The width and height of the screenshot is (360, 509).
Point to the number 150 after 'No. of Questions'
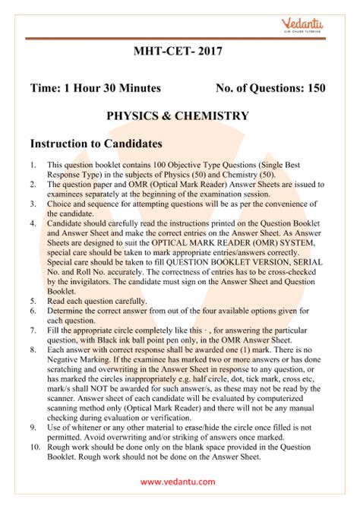click(x=314, y=88)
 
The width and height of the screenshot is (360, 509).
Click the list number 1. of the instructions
click(x=33, y=165)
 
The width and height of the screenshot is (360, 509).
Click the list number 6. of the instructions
click(x=33, y=311)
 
